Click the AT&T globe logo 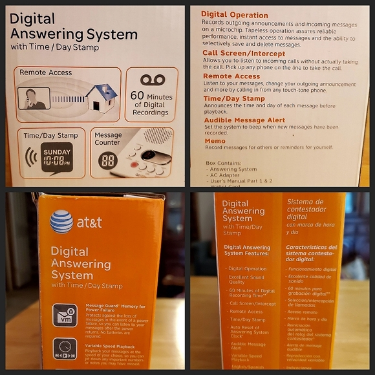tap(61, 221)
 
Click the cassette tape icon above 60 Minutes tap(153, 80)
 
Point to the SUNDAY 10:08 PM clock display tap(57, 156)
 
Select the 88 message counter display tap(107, 161)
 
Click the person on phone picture tap(34, 98)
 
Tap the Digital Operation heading tap(234, 14)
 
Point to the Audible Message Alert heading tap(244, 120)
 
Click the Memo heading tap(215, 141)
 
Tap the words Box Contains tap(224, 162)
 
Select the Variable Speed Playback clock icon tap(65, 350)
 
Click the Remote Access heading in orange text tap(231, 76)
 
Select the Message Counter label tap(108, 138)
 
